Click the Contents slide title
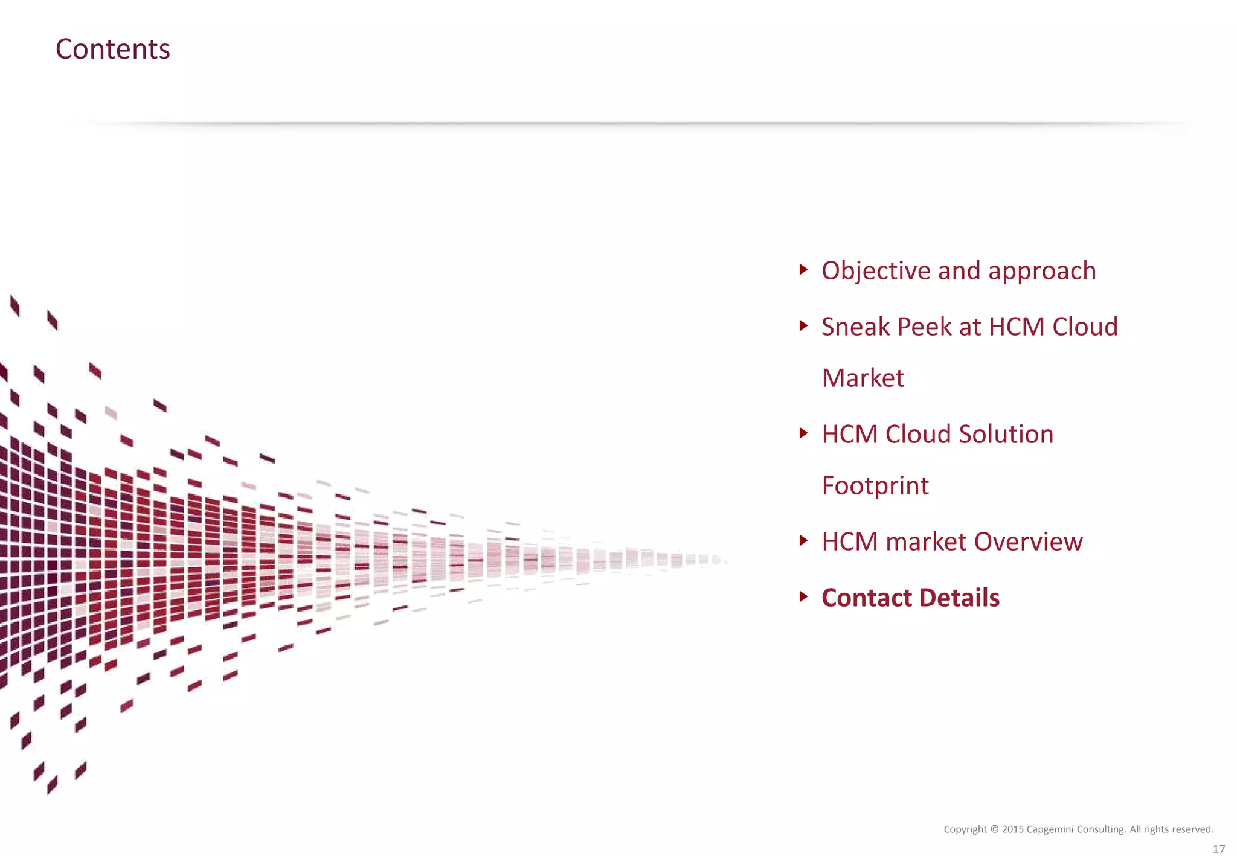coord(113,49)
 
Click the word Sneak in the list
coord(855,327)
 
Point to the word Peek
coord(924,327)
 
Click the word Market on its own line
coord(863,378)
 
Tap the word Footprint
coord(875,486)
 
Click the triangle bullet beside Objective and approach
coord(803,269)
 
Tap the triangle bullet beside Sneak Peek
coord(803,326)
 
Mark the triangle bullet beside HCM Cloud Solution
coord(803,433)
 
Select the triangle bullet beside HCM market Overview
coord(803,540)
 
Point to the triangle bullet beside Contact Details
coord(803,596)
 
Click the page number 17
coord(1218,848)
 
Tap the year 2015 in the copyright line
coord(1012,829)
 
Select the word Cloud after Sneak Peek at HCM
coord(1085,327)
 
